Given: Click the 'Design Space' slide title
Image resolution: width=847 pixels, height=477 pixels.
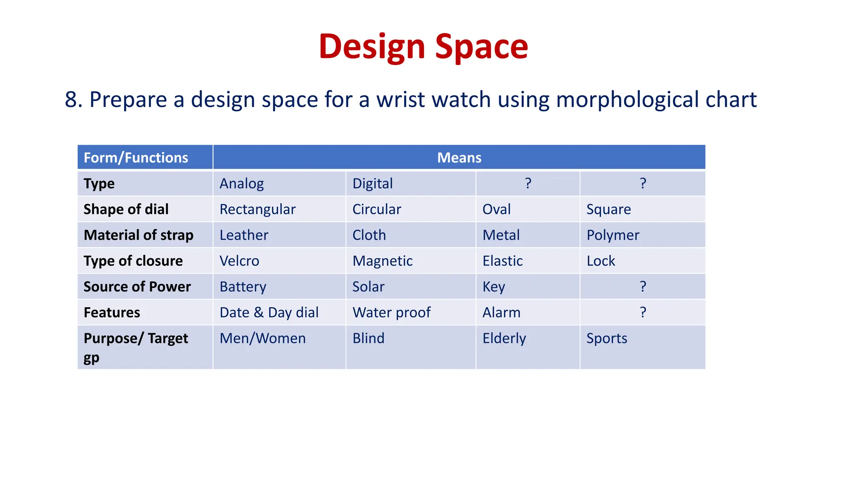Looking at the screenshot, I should [423, 46].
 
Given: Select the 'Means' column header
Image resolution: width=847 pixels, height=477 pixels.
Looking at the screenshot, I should [459, 157].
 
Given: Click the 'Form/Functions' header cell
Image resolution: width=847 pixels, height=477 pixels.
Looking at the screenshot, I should [136, 157].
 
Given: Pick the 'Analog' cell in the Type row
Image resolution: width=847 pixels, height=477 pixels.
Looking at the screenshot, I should [242, 183].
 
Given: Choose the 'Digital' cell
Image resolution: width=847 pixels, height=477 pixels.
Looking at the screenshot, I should [372, 183].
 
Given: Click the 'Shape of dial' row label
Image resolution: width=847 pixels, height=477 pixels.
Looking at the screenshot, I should [126, 209].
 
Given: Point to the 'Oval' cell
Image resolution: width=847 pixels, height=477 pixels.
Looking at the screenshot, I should [496, 209].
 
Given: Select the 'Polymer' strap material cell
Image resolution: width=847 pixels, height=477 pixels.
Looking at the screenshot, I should [613, 235].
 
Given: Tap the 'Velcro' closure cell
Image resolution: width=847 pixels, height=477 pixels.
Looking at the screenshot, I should [239, 261].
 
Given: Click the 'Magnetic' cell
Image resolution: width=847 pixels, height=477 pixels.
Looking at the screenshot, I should [382, 261].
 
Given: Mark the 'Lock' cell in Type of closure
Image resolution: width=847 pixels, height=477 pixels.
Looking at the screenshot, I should [601, 261].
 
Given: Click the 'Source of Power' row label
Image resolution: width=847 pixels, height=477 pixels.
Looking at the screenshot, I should [137, 287].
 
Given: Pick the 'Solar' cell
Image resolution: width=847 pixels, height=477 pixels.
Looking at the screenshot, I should [368, 287].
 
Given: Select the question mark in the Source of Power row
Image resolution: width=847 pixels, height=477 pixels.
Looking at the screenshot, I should [643, 286].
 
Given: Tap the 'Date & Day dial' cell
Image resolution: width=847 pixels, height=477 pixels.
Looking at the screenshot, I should [269, 313].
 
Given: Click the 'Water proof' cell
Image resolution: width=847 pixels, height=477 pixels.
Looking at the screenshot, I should [391, 313].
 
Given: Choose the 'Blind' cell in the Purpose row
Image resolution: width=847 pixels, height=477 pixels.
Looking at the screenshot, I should [368, 338].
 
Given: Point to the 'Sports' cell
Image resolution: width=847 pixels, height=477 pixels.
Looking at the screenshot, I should [607, 338].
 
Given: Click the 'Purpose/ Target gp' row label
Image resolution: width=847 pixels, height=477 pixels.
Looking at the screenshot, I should [136, 347].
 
